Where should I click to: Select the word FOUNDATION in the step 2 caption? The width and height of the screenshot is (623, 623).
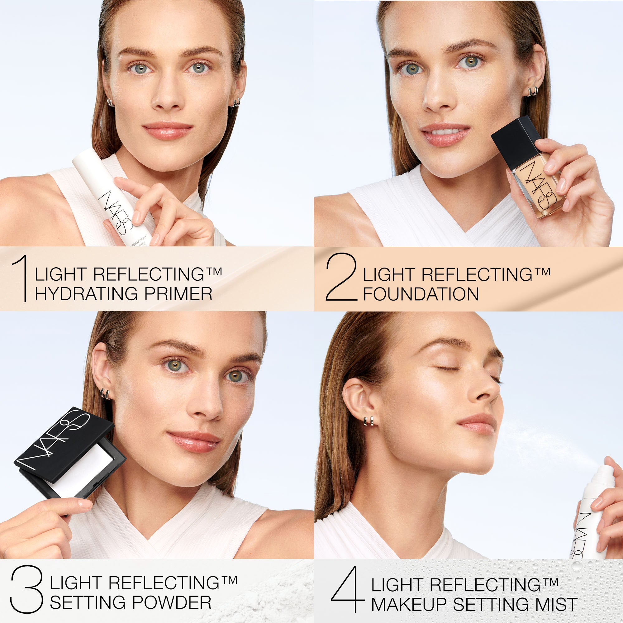pyautogui.click(x=421, y=294)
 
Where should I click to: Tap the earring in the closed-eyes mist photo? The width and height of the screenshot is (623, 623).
pyautogui.click(x=368, y=421)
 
